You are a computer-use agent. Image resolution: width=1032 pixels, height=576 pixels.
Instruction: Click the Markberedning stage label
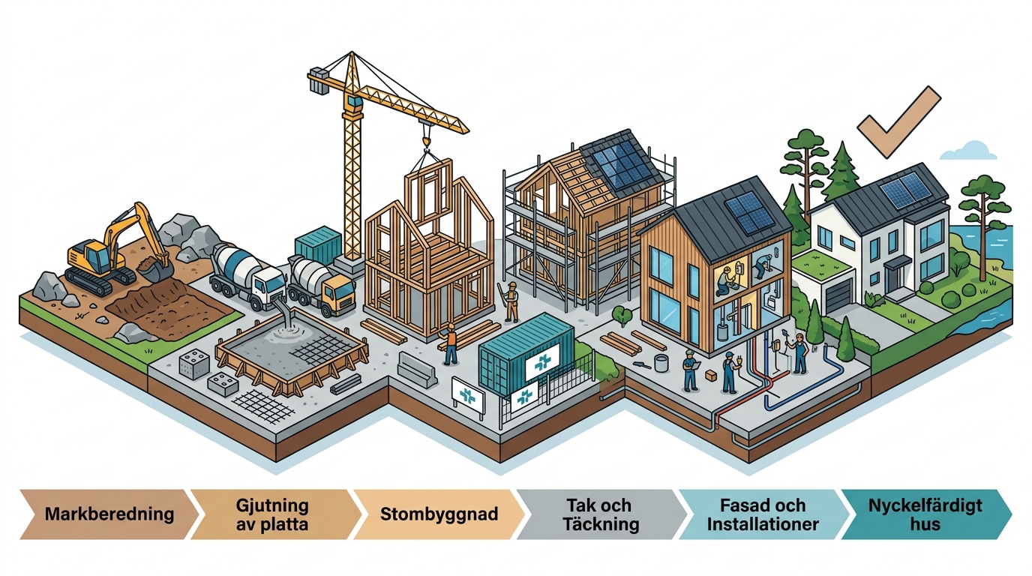[x=109, y=514]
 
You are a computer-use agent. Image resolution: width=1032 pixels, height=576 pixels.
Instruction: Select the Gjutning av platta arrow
[x=275, y=514]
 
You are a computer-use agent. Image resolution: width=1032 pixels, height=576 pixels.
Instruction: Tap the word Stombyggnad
[x=439, y=514]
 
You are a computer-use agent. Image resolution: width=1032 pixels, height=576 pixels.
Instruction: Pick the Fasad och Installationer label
[x=763, y=514]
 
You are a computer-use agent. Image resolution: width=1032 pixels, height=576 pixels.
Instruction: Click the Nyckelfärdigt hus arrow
[x=926, y=514]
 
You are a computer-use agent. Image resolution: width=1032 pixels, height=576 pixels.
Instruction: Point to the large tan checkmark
[x=898, y=121]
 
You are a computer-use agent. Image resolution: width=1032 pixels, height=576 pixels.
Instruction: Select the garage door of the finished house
[x=838, y=295]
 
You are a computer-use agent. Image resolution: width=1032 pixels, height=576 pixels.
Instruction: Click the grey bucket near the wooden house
[x=661, y=363]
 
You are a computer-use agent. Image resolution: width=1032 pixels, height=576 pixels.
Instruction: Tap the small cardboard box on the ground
[x=711, y=376]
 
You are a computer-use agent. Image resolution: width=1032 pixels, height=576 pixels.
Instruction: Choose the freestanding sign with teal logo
[x=468, y=396]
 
